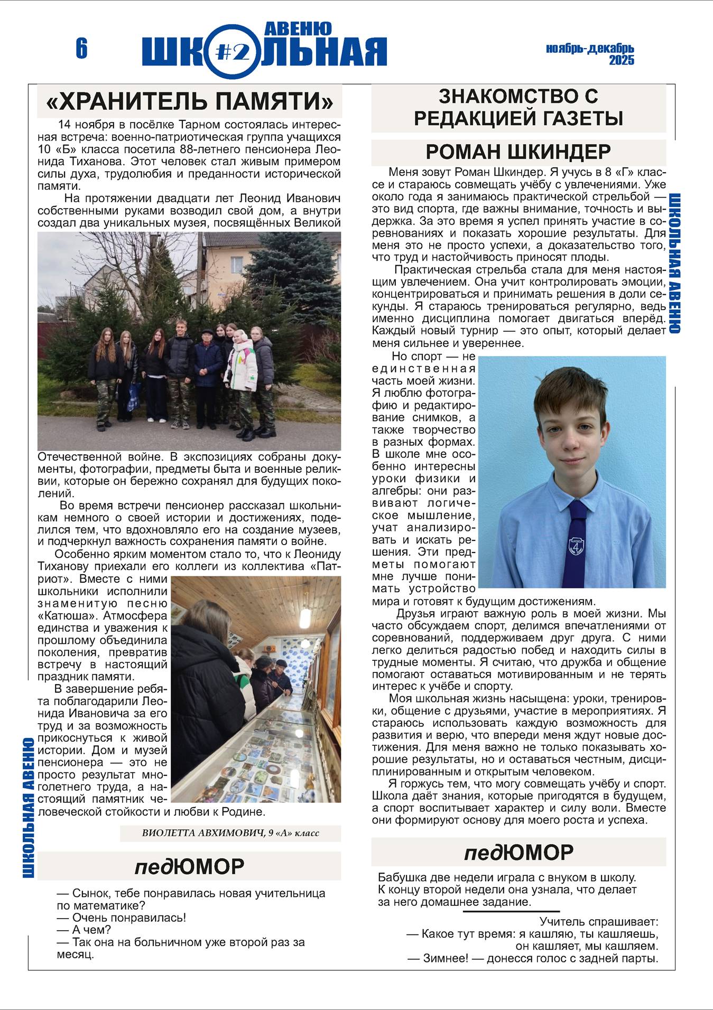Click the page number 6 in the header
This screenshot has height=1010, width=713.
(81, 49)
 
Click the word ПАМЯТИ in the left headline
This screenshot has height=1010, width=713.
(268, 101)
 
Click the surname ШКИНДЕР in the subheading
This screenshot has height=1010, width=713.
(559, 152)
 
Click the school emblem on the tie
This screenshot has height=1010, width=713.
(576, 546)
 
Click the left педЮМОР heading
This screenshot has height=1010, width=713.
(189, 866)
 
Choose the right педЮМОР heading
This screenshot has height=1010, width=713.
(518, 852)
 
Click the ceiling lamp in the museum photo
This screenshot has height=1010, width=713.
(305, 615)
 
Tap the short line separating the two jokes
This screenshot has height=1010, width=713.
(511, 911)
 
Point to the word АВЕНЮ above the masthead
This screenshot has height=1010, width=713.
(297, 28)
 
